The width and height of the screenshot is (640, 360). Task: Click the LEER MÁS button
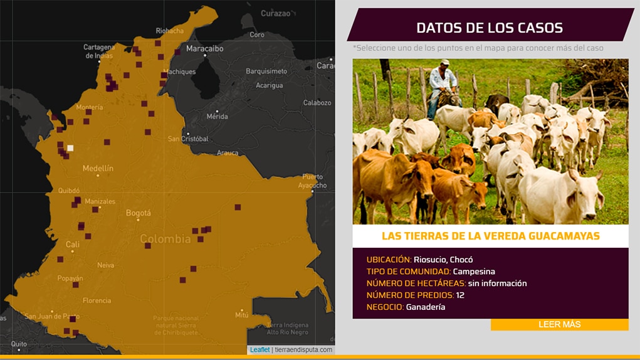tap(559, 324)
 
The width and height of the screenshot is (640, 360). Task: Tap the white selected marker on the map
tap(70, 148)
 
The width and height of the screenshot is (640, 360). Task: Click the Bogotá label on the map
tap(139, 213)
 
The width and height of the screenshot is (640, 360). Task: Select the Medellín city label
tap(98, 168)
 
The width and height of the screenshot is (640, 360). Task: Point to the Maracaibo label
tap(205, 48)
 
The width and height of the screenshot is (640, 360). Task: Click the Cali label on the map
tap(73, 245)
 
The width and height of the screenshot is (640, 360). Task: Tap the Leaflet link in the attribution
tap(260, 349)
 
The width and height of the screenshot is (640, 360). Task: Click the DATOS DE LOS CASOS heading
tap(490, 28)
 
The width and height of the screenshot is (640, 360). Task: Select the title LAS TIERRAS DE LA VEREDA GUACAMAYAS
tap(490, 236)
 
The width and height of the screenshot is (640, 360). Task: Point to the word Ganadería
tap(426, 307)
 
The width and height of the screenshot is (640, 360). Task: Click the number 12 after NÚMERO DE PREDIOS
tap(460, 295)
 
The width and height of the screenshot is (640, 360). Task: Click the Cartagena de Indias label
tap(99, 51)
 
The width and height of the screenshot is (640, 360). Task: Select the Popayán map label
tap(70, 278)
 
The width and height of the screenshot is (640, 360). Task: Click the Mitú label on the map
tap(241, 314)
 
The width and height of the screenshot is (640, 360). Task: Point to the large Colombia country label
tap(165, 239)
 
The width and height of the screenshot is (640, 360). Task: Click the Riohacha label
tap(170, 31)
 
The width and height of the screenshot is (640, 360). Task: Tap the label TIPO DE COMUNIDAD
tap(408, 272)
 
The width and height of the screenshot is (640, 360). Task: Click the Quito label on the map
tap(19, 344)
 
